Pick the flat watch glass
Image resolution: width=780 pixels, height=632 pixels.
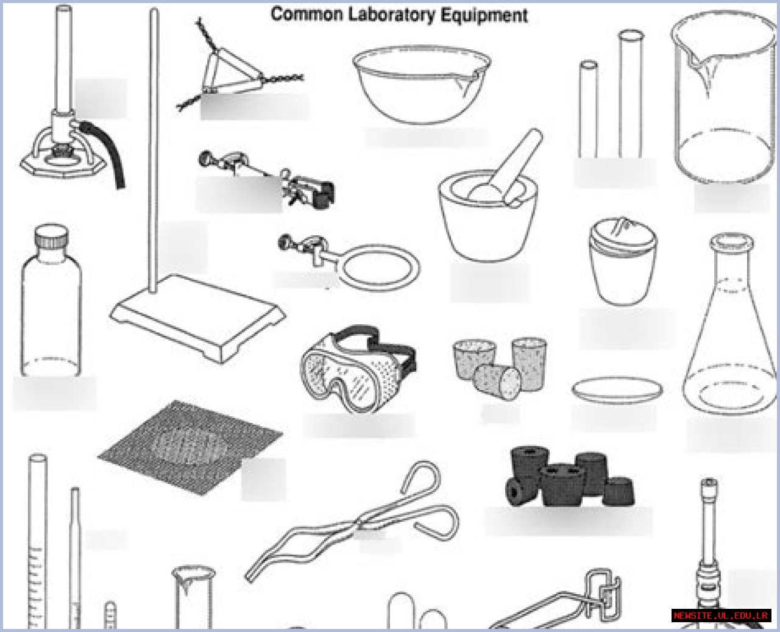click(617, 389)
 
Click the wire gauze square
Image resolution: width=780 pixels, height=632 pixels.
click(189, 448)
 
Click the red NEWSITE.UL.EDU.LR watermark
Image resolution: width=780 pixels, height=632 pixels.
click(721, 615)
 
